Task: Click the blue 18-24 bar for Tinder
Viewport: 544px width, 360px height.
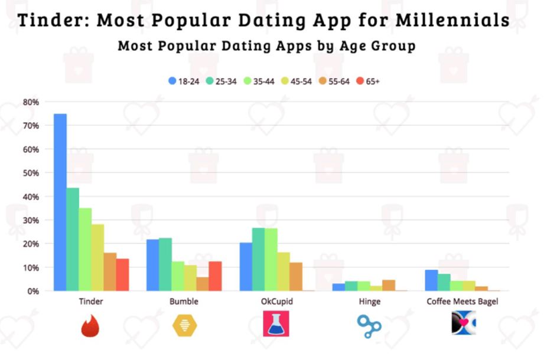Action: (60, 202)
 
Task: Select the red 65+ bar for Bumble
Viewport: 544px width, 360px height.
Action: (215, 276)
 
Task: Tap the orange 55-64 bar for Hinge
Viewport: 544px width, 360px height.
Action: (388, 285)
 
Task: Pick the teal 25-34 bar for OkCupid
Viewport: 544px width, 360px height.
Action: (258, 259)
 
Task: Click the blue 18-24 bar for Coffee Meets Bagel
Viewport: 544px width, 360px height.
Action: (431, 280)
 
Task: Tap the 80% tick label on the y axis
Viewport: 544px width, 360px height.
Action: (31, 102)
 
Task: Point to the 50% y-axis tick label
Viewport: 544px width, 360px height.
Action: (31, 173)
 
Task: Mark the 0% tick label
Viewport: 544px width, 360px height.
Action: (33, 291)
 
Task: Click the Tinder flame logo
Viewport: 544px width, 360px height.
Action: (90, 324)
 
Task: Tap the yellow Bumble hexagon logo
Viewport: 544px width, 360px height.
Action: (183, 325)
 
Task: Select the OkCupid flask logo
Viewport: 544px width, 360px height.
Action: (276, 324)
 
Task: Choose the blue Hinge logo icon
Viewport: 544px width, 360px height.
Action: (369, 325)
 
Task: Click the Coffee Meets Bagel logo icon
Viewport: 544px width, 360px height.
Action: (463, 324)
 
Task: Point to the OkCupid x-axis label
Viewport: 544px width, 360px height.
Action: (276, 302)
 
